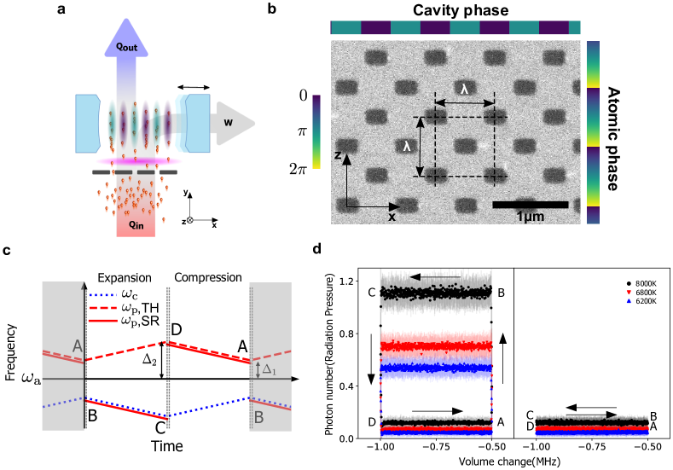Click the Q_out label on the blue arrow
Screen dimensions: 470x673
pos(126,48)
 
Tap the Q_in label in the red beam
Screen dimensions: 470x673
pos(136,224)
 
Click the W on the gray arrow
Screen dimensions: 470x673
pos(229,122)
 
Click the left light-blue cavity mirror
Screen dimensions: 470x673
pos(88,123)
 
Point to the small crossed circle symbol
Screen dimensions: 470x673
pos(189,220)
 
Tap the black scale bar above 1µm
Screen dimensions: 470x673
pos(531,204)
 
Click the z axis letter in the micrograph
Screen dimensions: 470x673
pos(338,155)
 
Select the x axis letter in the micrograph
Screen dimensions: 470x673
pos(392,217)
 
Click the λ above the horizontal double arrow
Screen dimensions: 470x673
pos(465,89)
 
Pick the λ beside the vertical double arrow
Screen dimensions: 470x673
pos(407,146)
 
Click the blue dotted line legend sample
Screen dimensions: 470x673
pos(102,294)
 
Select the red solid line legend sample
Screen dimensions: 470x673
pos(102,320)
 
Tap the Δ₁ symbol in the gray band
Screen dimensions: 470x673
pos(270,369)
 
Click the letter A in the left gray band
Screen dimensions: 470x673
pos(78,346)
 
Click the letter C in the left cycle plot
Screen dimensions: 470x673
pos(371,293)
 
